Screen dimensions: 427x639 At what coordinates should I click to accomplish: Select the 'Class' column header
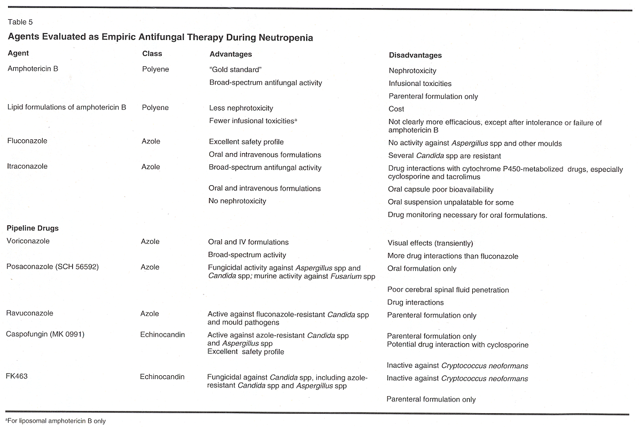click(x=152, y=53)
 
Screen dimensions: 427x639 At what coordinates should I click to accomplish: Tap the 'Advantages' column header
click(x=230, y=54)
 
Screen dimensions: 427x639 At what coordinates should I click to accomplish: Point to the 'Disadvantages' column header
click(x=415, y=55)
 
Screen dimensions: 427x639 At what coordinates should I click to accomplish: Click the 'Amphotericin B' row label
click(x=33, y=68)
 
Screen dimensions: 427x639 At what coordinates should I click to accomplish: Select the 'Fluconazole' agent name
click(x=27, y=141)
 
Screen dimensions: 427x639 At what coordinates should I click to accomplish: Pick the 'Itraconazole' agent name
click(x=27, y=166)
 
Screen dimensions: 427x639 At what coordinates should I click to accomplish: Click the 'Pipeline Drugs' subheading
click(x=33, y=228)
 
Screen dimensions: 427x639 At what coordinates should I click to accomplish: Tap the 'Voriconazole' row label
click(x=28, y=241)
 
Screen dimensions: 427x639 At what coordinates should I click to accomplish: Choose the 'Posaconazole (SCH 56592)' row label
click(x=52, y=266)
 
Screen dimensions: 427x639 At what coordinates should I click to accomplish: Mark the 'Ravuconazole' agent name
click(x=29, y=313)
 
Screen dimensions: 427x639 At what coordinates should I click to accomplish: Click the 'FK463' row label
click(x=17, y=376)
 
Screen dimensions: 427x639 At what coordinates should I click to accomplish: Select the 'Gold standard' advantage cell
click(x=236, y=69)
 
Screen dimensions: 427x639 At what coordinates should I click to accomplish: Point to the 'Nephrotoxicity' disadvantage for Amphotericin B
click(x=412, y=70)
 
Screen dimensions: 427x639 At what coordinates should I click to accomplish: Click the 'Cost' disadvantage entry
click(x=396, y=108)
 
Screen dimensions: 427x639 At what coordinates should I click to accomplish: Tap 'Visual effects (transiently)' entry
click(x=430, y=243)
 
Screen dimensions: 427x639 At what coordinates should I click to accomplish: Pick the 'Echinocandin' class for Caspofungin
click(x=162, y=335)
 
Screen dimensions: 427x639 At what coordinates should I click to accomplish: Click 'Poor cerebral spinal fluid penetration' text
click(x=448, y=290)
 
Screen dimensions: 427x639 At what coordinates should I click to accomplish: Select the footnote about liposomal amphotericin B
click(x=56, y=421)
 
